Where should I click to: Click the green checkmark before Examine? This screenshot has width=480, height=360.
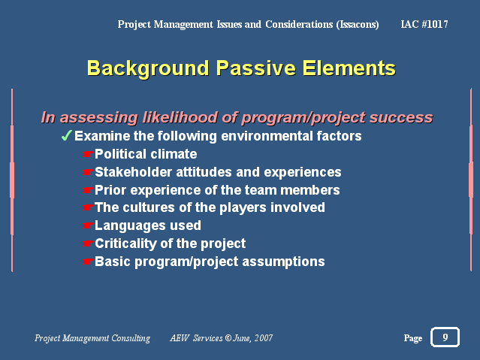coord(66,135)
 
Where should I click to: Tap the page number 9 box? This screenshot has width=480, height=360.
coord(445,337)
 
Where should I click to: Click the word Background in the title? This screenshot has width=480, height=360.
coord(148,68)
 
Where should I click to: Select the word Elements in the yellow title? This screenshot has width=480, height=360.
coord(349,68)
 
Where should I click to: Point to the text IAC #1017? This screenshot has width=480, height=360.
coord(424,24)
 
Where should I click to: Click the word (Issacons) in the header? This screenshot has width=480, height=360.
coord(358,25)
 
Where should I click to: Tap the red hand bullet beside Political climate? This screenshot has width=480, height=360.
coord(88,154)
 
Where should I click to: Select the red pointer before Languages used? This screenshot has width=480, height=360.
coord(88,225)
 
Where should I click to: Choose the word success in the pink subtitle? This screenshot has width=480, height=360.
coord(401,117)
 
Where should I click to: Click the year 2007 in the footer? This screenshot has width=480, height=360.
coord(263,338)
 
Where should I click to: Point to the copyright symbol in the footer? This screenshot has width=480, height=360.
coord(228,338)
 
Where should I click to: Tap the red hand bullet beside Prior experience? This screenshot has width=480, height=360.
coord(88,190)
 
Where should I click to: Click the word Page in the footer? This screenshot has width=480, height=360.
coord(413,338)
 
